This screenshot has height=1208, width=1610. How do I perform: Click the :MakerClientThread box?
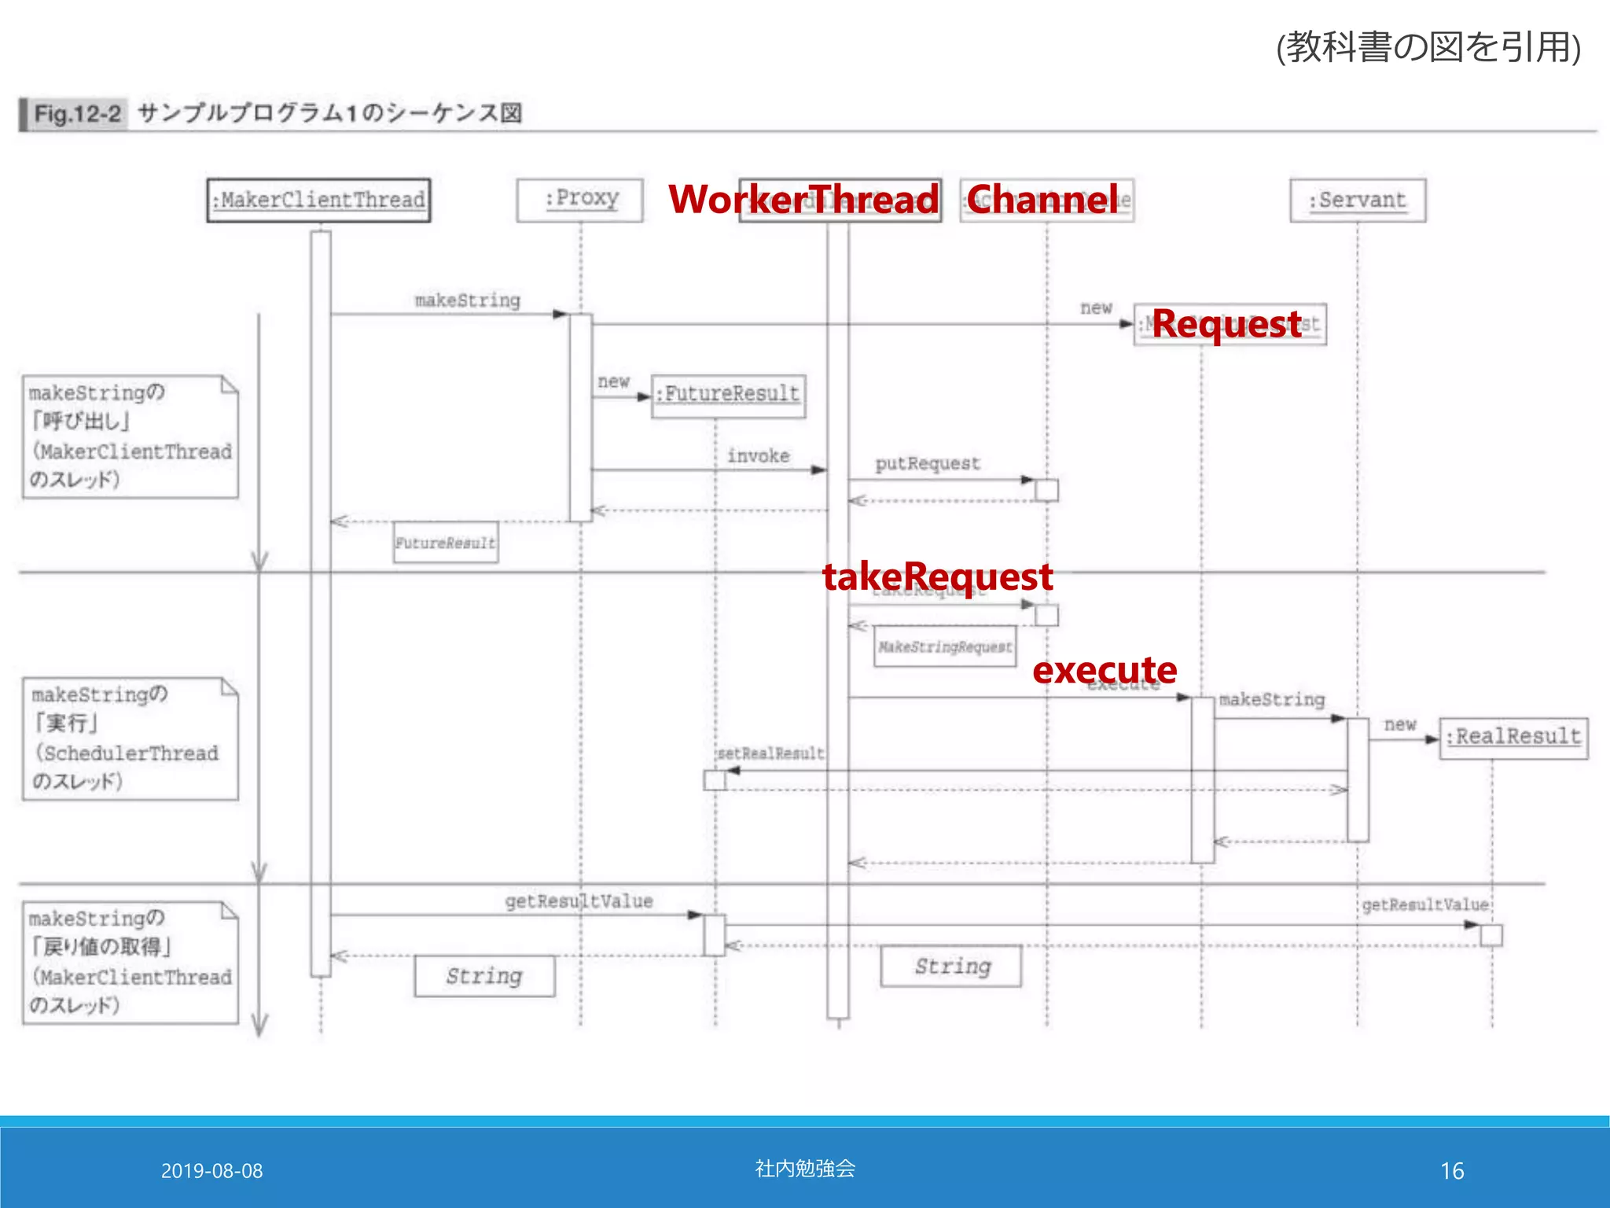[x=318, y=200]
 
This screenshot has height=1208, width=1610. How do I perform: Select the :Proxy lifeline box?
[x=580, y=200]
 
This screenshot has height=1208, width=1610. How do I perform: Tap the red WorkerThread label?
[x=803, y=199]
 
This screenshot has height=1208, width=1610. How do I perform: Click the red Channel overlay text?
[x=1042, y=199]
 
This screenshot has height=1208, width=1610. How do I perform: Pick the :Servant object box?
[x=1358, y=201]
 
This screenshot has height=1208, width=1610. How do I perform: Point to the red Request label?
[x=1226, y=324]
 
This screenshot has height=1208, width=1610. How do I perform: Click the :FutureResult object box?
[x=729, y=395]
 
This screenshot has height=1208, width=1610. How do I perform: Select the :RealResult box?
[x=1513, y=738]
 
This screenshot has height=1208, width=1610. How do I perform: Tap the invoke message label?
[x=758, y=456]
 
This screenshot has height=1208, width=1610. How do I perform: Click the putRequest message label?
[x=928, y=464]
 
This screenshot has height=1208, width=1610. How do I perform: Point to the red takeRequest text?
[x=937, y=576]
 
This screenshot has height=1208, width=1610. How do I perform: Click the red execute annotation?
[x=1105, y=670]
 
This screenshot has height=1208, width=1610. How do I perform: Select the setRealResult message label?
[x=770, y=753]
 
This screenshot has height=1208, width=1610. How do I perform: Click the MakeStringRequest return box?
[x=945, y=646]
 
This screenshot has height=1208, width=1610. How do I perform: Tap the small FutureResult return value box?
[x=446, y=543]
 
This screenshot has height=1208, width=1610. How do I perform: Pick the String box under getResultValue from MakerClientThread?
[x=484, y=976]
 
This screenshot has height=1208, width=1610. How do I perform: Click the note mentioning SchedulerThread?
[x=130, y=739]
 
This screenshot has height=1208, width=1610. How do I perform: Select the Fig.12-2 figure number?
[x=77, y=115]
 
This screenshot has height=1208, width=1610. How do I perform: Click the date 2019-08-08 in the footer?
[x=211, y=1171]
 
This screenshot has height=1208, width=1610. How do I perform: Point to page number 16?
[x=1452, y=1171]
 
